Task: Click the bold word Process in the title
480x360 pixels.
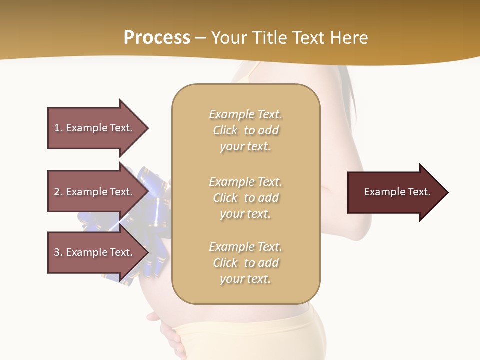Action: (x=157, y=38)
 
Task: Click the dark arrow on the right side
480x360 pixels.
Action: (x=395, y=192)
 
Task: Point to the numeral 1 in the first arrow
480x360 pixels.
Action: (x=57, y=128)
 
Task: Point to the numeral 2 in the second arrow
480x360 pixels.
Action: (x=57, y=192)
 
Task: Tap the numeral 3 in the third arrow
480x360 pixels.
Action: (x=57, y=252)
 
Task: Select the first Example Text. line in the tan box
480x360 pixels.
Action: (x=245, y=114)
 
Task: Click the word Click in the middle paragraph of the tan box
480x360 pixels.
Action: (x=225, y=198)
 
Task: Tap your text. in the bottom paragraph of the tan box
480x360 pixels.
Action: (x=245, y=279)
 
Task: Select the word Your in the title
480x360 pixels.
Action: (x=230, y=38)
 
